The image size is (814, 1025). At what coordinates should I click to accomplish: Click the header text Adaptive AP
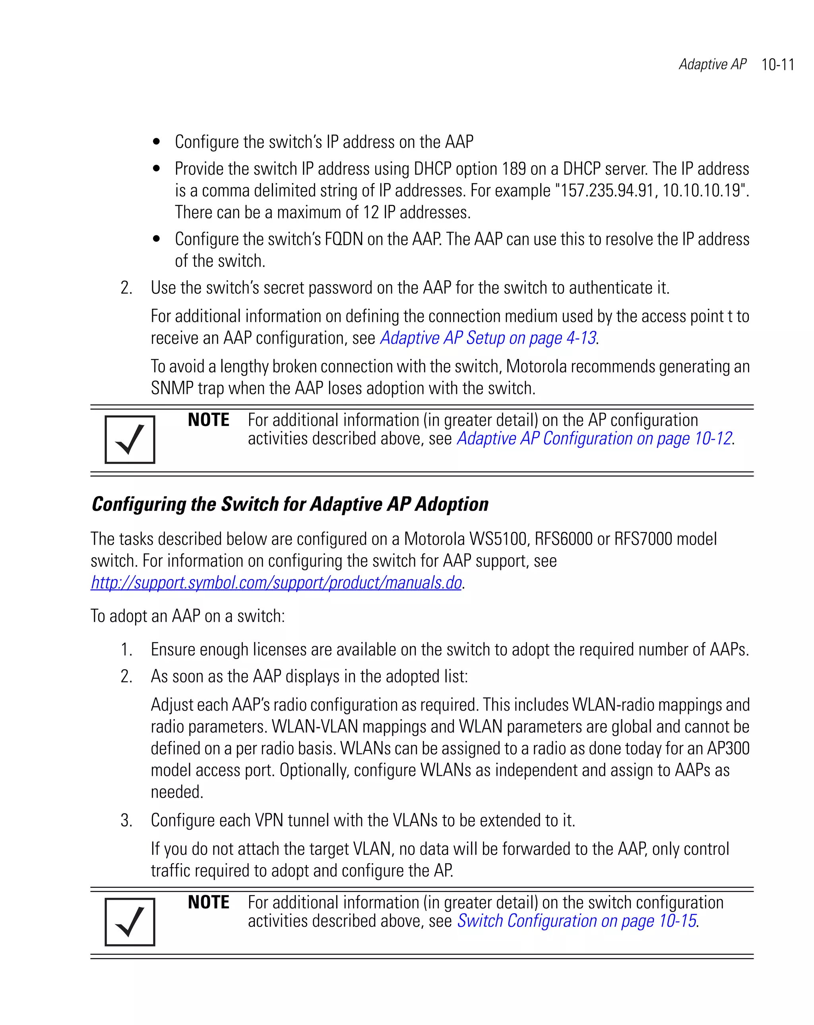point(712,64)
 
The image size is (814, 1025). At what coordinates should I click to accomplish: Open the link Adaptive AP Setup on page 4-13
point(487,338)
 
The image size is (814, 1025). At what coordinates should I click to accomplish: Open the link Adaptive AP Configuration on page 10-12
point(594,438)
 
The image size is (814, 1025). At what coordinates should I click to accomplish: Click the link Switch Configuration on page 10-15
point(576,921)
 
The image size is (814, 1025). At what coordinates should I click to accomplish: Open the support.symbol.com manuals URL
point(276,582)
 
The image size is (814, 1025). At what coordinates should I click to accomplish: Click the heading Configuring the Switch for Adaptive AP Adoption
point(290,504)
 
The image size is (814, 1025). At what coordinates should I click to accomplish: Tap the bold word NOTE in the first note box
point(208,420)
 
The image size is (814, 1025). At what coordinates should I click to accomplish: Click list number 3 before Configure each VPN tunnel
point(126,821)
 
